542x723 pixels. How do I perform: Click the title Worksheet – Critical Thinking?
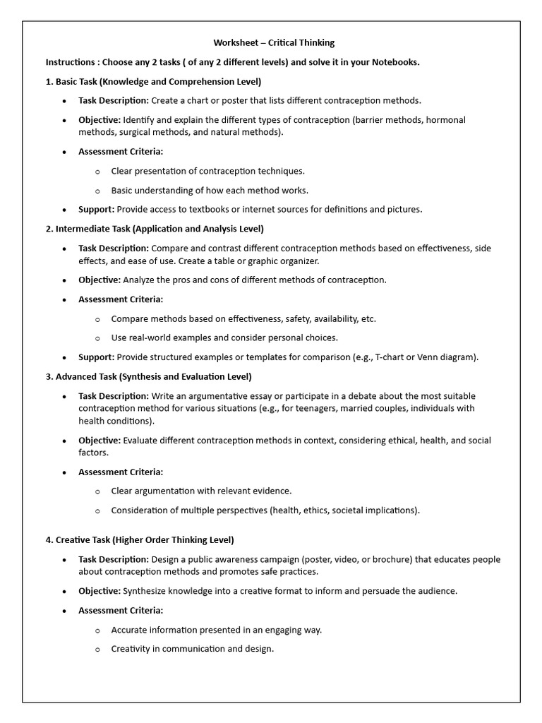click(274, 43)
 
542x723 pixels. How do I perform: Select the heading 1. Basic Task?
click(153, 81)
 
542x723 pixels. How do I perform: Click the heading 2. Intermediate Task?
click(155, 229)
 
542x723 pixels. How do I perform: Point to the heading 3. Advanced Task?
click(148, 376)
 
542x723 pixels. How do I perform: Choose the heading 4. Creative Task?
click(140, 540)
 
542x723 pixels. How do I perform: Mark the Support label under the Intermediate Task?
click(96, 357)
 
